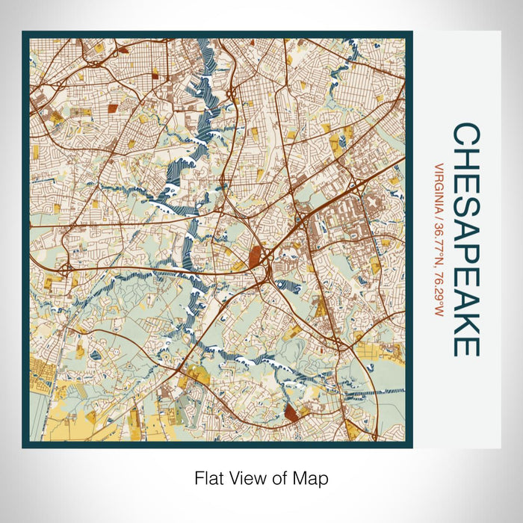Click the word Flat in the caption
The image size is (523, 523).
click(209, 477)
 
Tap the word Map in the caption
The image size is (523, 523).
click(314, 477)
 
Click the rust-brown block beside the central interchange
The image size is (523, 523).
click(256, 257)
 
